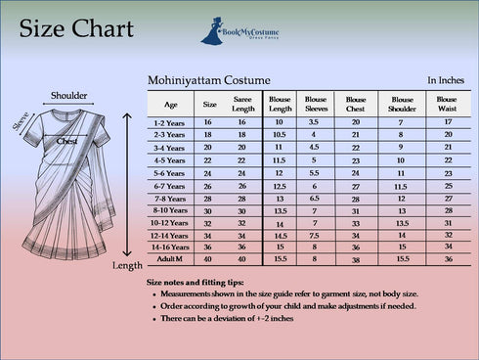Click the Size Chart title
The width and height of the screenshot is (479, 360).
pos(76,28)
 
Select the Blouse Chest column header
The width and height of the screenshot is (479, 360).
pos(356,103)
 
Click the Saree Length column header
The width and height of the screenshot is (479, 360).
pos(243,103)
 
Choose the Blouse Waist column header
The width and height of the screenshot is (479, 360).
pos(447,103)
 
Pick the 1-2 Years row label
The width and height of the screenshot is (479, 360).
pos(171,121)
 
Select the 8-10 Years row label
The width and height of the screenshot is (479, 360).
pos(171,210)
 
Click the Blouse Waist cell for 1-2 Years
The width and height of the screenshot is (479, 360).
pos(447,121)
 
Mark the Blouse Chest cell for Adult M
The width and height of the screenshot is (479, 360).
pos(356,261)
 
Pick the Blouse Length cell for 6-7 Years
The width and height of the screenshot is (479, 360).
pos(280,185)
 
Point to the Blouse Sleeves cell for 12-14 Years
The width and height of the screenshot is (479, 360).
pos(315,236)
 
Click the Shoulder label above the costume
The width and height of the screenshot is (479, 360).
pos(68,96)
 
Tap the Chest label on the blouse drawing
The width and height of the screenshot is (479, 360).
pos(66,141)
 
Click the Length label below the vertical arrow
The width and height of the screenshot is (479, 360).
pos(128,265)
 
